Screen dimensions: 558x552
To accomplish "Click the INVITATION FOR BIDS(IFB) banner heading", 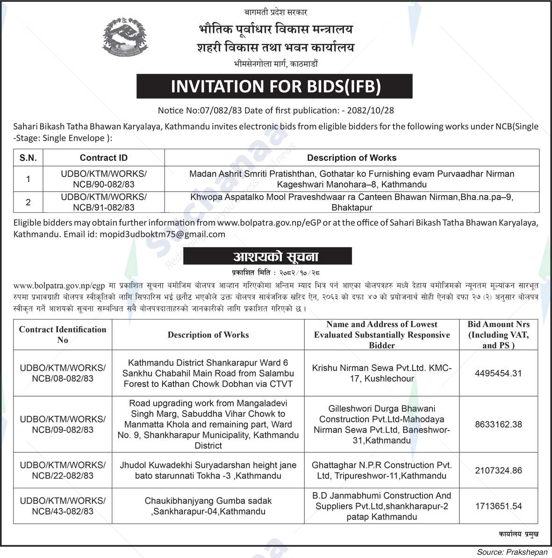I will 274,86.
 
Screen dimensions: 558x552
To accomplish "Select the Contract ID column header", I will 103,158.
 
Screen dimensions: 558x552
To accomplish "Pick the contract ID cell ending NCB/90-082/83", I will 103,179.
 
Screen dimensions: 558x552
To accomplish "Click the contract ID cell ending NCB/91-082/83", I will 103,202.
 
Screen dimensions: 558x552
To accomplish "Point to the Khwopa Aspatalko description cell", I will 351,202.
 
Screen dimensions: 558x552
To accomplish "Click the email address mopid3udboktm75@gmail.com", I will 162,234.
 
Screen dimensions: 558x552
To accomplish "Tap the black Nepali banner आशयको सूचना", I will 267,256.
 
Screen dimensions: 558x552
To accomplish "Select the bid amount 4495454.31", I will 498,373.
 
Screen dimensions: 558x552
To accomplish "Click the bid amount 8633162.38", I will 498,424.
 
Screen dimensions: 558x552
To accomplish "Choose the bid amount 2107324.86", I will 498,471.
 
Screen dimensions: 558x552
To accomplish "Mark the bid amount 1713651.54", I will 498,506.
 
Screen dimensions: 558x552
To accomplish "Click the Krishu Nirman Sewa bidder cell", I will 381,373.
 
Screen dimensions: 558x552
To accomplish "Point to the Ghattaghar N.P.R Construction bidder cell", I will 381,471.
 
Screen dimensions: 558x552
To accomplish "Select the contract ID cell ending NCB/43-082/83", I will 63,506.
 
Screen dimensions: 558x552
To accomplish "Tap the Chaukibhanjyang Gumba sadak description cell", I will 208,506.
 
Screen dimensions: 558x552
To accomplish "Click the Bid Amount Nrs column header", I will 498,334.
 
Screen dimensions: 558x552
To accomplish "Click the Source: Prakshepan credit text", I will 512,552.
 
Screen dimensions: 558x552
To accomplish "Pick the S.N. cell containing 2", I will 28,202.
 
